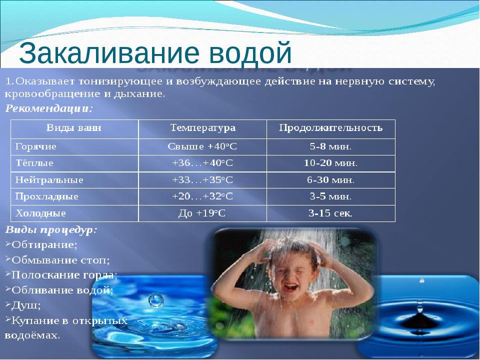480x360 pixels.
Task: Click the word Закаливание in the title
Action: pyautogui.click(x=102, y=52)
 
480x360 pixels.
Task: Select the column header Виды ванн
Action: pyautogui.click(x=73, y=128)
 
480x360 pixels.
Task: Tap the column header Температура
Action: pyautogui.click(x=202, y=128)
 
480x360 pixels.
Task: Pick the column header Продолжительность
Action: pyautogui.click(x=330, y=128)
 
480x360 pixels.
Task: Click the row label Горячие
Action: pyautogui.click(x=36, y=147)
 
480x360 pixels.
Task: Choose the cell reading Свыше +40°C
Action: pyautogui.click(x=202, y=147)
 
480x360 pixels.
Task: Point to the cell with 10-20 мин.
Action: pyautogui.click(x=330, y=163)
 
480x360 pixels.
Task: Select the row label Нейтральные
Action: pyautogui.click(x=49, y=179)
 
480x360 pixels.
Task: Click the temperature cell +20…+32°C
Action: pyautogui.click(x=202, y=196)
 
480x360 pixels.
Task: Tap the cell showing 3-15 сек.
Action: pyautogui.click(x=330, y=213)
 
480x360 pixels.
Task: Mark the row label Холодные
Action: pyautogui.click(x=41, y=213)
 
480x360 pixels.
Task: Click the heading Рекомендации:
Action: pyautogui.click(x=49, y=107)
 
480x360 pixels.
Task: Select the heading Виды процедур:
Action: pyautogui.click(x=51, y=230)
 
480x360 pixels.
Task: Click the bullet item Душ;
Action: pyautogui.click(x=25, y=304)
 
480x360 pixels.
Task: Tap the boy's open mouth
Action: pyautogui.click(x=290, y=288)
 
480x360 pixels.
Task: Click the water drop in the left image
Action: pyautogui.click(x=156, y=300)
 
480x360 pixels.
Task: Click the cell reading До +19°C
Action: pyautogui.click(x=202, y=213)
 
